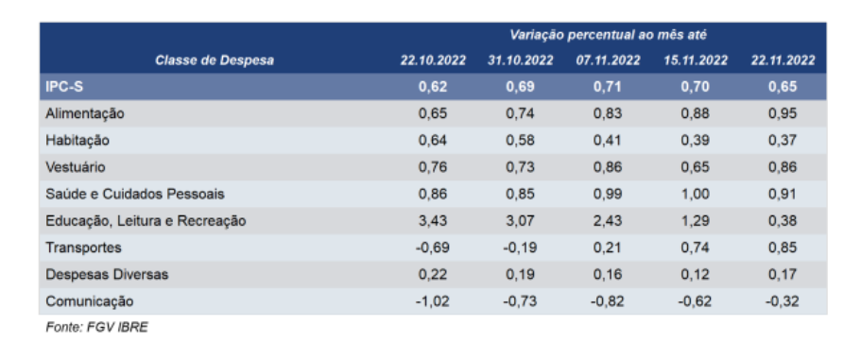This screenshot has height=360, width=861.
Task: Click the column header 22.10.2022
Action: tap(433, 60)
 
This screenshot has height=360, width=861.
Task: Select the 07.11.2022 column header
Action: tap(608, 60)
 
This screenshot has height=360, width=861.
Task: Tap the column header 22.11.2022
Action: tap(783, 60)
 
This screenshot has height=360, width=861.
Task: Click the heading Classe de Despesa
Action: tap(215, 60)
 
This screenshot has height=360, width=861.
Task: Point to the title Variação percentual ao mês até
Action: tap(608, 35)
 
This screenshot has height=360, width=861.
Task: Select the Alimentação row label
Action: tap(84, 114)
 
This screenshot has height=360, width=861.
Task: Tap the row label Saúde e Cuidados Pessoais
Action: tap(135, 195)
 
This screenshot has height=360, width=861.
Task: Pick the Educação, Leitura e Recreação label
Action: tap(146, 221)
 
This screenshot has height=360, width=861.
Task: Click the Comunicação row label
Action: tap(90, 301)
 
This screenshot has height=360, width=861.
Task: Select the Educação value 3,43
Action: tap(433, 221)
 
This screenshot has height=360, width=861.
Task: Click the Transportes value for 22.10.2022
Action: tap(433, 249)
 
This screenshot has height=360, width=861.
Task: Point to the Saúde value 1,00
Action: tap(696, 195)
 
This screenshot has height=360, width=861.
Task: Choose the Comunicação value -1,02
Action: tap(433, 301)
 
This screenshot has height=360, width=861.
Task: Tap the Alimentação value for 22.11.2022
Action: tap(783, 114)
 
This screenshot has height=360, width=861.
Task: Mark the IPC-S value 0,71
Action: tap(608, 87)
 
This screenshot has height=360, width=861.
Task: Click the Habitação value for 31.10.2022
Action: tap(520, 141)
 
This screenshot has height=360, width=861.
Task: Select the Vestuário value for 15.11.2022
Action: tap(696, 167)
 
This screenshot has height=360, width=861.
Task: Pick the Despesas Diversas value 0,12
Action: tap(696, 275)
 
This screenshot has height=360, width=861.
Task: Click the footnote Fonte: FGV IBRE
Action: tap(96, 328)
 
